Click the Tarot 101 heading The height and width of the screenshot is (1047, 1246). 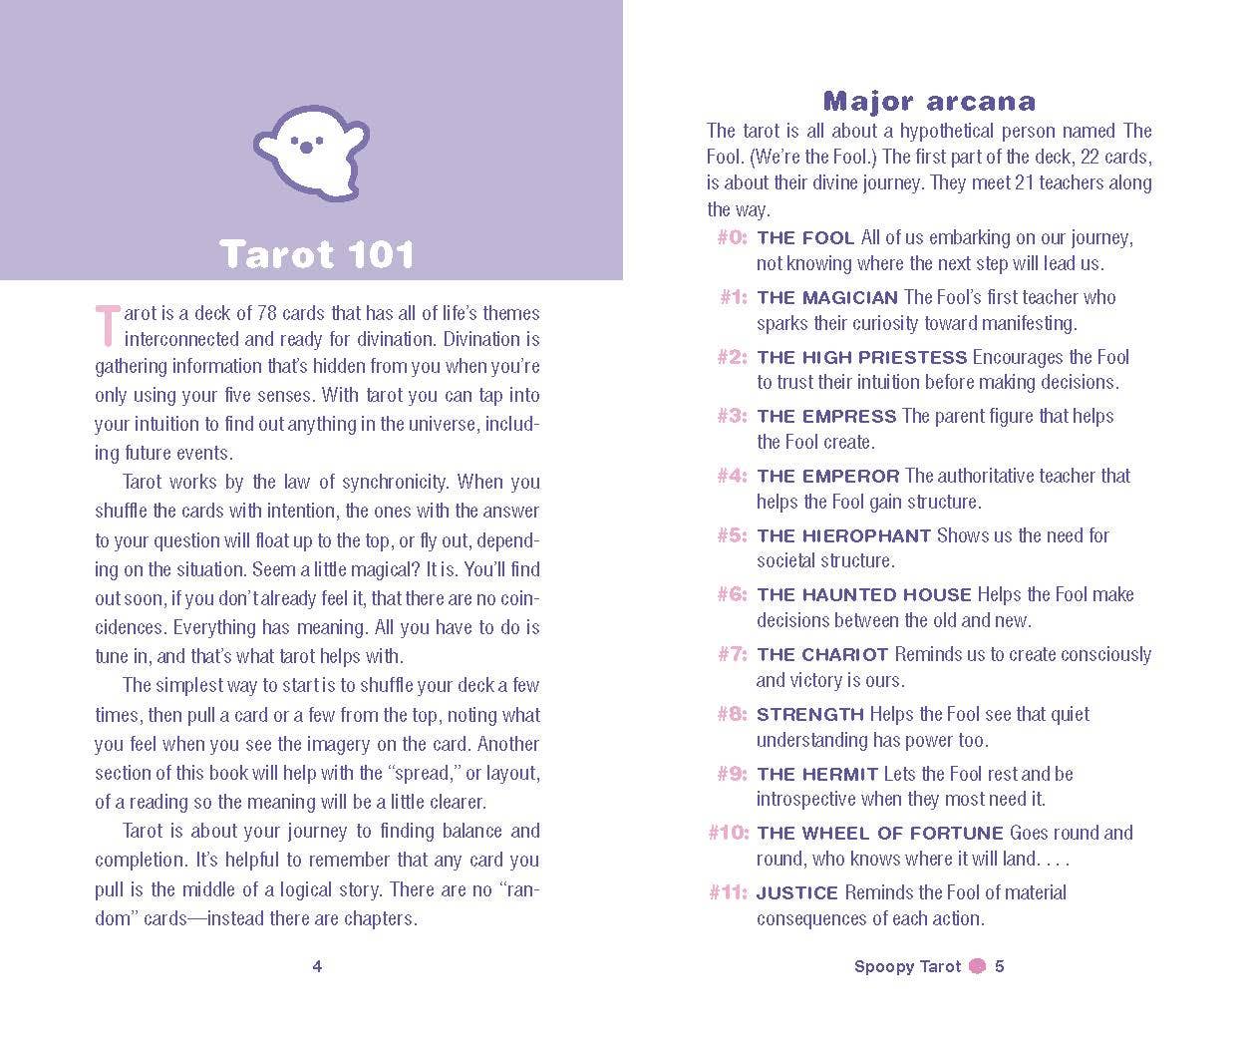pyautogui.click(x=316, y=254)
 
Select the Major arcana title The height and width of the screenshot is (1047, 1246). pyautogui.click(x=929, y=101)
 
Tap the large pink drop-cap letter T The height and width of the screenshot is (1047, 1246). pyautogui.click(x=107, y=325)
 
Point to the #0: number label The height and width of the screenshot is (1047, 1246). pyautogui.click(x=732, y=238)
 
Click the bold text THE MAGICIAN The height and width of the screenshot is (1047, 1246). pyautogui.click(x=827, y=298)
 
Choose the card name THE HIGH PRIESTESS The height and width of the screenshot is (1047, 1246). pyautogui.click(x=861, y=357)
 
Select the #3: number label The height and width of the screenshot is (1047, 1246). pyautogui.click(x=732, y=417)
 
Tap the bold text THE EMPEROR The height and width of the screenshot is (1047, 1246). pyautogui.click(x=827, y=477)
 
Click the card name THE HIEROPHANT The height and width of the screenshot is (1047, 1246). pyautogui.click(x=843, y=536)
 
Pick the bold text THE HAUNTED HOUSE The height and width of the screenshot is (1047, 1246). pyautogui.click(x=863, y=595)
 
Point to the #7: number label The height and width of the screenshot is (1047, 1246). pyautogui.click(x=732, y=655)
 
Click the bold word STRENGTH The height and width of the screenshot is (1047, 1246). pyautogui.click(x=809, y=715)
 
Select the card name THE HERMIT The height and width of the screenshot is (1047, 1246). pyautogui.click(x=816, y=775)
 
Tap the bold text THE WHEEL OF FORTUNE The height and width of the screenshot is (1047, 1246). pyautogui.click(x=879, y=834)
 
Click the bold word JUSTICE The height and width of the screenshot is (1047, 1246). pyautogui.click(x=797, y=893)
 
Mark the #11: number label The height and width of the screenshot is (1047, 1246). pyautogui.click(x=728, y=893)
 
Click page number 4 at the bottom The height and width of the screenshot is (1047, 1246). pyautogui.click(x=317, y=966)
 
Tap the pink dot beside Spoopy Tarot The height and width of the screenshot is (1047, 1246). pyautogui.click(x=978, y=966)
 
